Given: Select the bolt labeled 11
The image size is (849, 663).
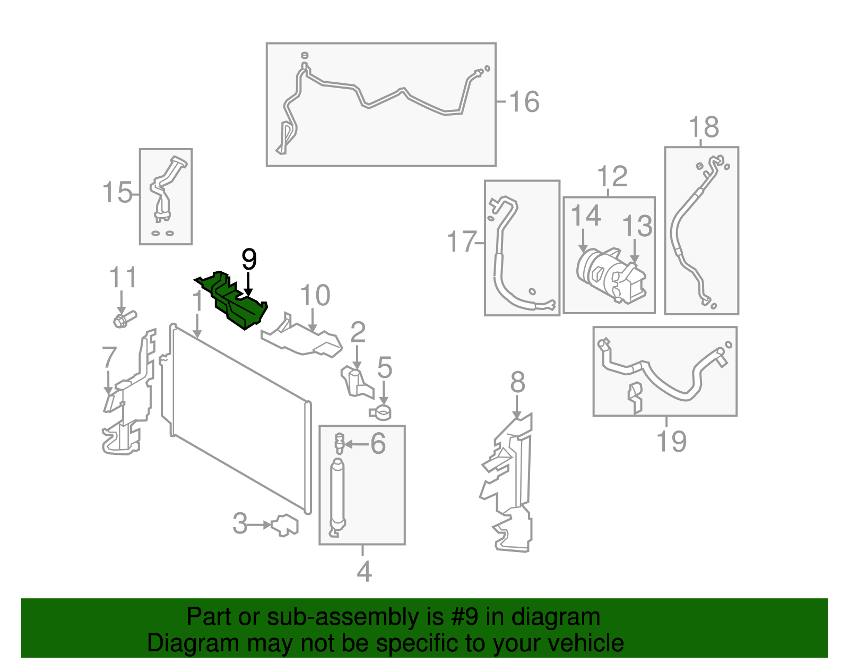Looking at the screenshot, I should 124,319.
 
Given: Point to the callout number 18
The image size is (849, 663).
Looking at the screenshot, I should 703,127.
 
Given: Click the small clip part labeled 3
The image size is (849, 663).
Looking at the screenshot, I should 285,525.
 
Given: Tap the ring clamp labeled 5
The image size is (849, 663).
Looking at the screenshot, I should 380,411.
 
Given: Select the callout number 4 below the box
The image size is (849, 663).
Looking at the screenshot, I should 364,572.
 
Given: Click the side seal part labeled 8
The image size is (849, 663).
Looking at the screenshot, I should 509,483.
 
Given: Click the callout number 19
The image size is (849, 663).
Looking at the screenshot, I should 671,441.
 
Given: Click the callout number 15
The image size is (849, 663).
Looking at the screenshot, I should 117,192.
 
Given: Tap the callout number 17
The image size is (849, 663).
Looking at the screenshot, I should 461,242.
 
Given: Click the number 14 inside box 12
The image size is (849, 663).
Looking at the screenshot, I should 585,216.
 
